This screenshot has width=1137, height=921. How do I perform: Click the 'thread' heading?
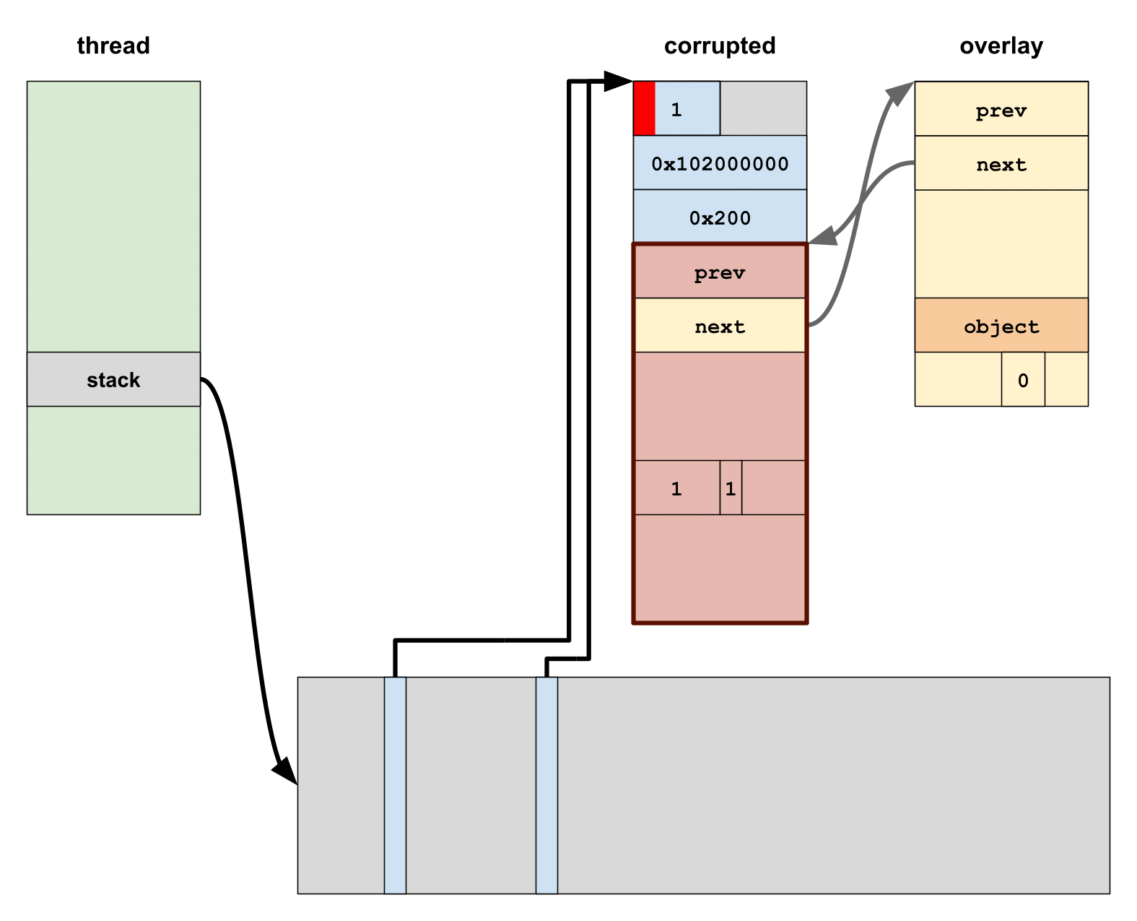(113, 46)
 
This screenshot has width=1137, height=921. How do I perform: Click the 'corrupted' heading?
(720, 46)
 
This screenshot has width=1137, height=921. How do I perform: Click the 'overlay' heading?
(1001, 46)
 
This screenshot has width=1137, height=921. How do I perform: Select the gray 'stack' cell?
(113, 379)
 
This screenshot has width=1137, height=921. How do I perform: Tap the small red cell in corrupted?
(644, 108)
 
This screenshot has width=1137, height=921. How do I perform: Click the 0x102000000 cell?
(720, 163)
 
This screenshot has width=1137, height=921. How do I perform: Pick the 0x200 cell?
(720, 217)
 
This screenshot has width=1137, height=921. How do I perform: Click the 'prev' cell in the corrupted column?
(720, 272)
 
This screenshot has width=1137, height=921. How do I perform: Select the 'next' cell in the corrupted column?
(720, 326)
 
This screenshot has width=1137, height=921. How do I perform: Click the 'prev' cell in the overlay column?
(1001, 109)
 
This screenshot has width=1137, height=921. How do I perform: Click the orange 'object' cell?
(1001, 326)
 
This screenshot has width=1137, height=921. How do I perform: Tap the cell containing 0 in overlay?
(1023, 380)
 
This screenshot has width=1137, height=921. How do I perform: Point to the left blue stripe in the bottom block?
(395, 785)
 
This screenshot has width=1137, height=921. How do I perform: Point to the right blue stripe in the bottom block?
(546, 785)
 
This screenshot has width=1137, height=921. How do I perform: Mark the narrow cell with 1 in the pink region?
(731, 488)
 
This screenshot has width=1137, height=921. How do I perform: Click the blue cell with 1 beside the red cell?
(687, 108)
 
